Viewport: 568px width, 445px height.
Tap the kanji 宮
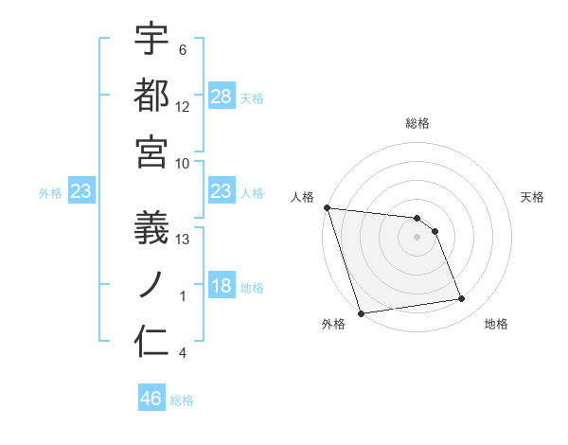click(x=151, y=151)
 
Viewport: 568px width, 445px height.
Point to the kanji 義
click(x=151, y=228)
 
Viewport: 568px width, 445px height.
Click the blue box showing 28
click(x=222, y=97)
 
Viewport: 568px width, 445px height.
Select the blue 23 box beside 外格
click(x=80, y=192)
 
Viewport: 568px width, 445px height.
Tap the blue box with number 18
click(x=222, y=287)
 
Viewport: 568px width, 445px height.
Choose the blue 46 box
click(x=151, y=399)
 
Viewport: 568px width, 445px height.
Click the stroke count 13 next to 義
click(x=184, y=240)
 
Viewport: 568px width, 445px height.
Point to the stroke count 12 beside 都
click(x=184, y=107)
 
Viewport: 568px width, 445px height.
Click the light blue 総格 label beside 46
click(x=182, y=400)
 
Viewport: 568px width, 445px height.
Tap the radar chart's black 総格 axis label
click(x=417, y=123)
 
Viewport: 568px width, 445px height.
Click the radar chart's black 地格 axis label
click(x=496, y=325)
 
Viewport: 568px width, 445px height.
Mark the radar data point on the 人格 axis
click(x=327, y=207)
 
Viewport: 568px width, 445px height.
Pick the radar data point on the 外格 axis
click(x=362, y=313)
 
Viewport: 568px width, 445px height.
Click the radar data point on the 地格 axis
click(x=462, y=299)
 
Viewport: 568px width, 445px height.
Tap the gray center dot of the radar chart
click(x=417, y=237)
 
